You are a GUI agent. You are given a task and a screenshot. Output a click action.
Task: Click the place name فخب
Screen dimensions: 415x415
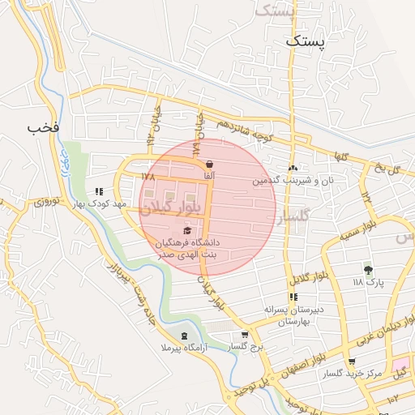(44, 128)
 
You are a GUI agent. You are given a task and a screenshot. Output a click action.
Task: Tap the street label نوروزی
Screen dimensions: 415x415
(45, 202)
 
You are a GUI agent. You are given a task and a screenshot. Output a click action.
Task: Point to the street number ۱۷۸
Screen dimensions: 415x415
(147, 176)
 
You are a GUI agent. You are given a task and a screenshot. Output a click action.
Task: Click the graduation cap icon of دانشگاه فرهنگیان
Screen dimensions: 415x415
(178, 231)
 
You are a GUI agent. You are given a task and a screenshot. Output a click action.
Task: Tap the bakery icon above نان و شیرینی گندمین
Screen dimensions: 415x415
(293, 168)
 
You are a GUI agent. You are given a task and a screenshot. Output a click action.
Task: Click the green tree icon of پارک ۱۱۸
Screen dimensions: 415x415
(369, 270)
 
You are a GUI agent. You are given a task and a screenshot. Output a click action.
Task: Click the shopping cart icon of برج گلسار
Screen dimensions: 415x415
(245, 335)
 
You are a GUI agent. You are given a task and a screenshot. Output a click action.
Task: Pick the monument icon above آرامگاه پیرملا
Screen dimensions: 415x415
(184, 336)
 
